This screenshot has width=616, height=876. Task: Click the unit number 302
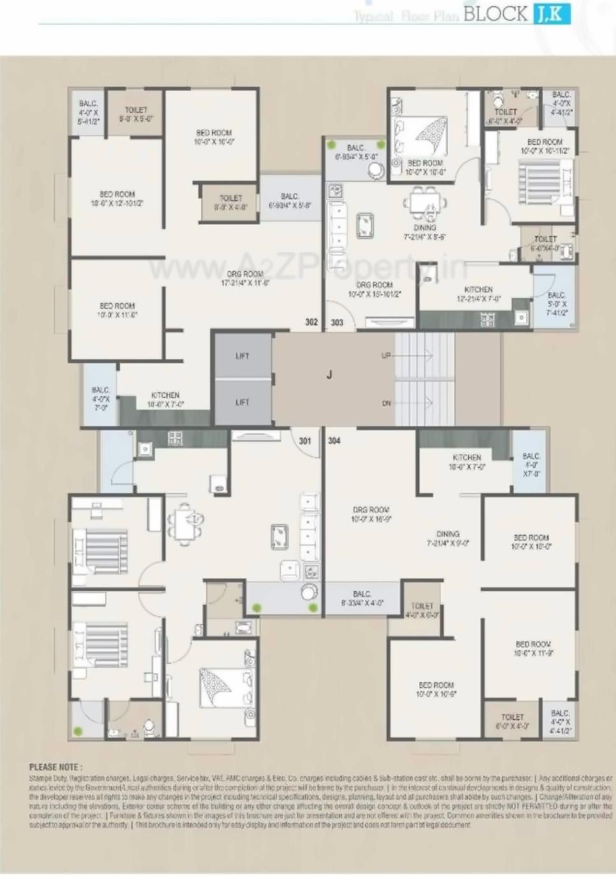point(311,322)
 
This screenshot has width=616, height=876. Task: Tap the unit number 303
point(337,323)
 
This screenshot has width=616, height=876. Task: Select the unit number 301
point(305,441)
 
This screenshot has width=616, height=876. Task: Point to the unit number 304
point(334,441)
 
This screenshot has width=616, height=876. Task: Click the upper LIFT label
point(242,356)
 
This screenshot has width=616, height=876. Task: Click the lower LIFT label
point(242,403)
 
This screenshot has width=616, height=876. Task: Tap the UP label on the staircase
point(386,355)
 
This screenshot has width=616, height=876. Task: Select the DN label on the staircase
point(386,403)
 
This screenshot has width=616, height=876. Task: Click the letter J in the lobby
point(329,375)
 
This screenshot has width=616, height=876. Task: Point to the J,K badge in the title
point(552,13)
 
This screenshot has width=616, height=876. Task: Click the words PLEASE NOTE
point(55,767)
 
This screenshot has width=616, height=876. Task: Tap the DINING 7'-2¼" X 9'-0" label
point(448,539)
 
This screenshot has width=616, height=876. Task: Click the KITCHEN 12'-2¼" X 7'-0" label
point(478,294)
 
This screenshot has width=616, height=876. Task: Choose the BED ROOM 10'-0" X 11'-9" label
point(533,649)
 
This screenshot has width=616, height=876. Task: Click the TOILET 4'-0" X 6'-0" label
point(422,610)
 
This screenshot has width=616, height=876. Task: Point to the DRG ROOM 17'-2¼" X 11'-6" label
point(245,278)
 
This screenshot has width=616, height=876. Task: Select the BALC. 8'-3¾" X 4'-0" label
point(362,598)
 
